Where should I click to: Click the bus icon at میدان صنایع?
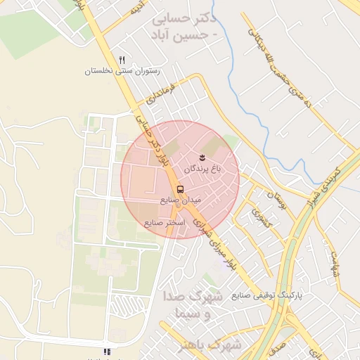(x=181, y=189)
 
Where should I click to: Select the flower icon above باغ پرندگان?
(x=202, y=156)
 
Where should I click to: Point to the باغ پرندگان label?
(x=202, y=169)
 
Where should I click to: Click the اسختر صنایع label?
(x=165, y=223)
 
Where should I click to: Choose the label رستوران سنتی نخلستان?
(x=122, y=72)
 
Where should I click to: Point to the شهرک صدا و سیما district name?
(x=191, y=304)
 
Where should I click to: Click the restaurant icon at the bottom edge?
(x=107, y=352)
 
